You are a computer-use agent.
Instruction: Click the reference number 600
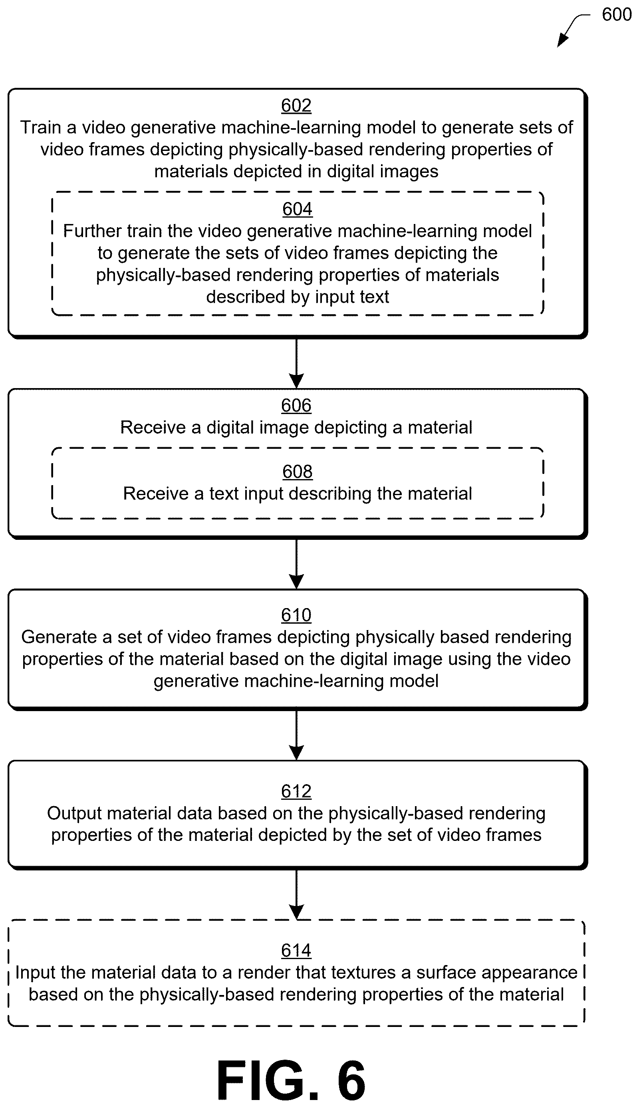(x=617, y=14)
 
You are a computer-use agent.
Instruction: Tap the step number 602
(x=296, y=105)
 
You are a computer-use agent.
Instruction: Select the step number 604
(x=297, y=209)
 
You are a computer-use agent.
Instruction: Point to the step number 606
(x=296, y=405)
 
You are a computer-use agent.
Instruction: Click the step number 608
(x=297, y=472)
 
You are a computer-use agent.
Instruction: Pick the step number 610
(x=296, y=615)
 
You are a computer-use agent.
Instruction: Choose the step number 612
(x=296, y=791)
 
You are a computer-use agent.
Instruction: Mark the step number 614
(x=296, y=951)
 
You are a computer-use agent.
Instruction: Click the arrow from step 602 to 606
(x=297, y=364)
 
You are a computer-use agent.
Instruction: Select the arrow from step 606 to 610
(x=297, y=564)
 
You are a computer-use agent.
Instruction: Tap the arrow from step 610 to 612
(x=297, y=735)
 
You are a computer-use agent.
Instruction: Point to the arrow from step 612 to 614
(x=297, y=895)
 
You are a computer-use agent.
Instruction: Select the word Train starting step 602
(x=40, y=127)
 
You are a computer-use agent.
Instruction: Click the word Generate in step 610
(x=59, y=637)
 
